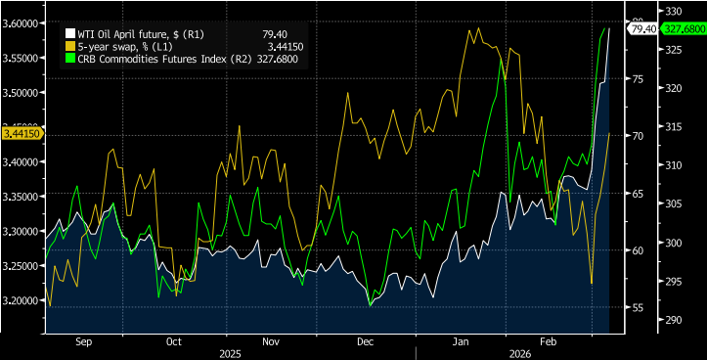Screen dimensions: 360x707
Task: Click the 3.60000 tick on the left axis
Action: (x=22, y=22)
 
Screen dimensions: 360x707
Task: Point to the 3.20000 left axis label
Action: (x=22, y=300)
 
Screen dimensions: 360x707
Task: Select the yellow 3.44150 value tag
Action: (x=21, y=133)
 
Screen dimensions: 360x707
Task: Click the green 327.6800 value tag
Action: (x=684, y=29)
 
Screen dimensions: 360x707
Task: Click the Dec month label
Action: (x=366, y=342)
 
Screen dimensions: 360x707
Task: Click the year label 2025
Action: (x=231, y=352)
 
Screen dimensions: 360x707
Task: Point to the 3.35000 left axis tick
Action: (x=22, y=197)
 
